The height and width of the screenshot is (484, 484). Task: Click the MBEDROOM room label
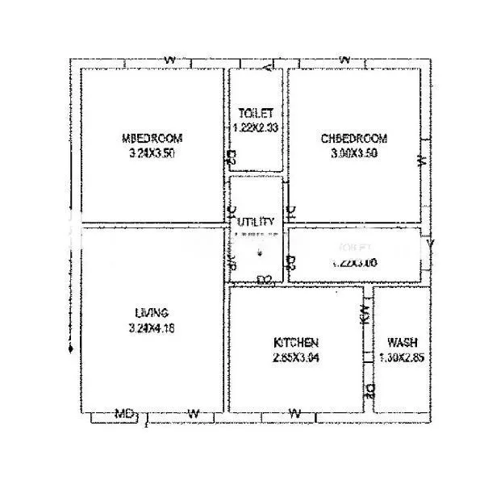(x=152, y=137)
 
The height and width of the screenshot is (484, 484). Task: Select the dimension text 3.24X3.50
(x=152, y=152)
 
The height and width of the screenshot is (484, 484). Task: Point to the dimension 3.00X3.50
(x=354, y=153)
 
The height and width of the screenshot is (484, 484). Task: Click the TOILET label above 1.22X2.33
(x=256, y=113)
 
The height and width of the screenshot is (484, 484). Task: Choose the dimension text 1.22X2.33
(x=256, y=127)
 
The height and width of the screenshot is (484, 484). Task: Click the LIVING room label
(x=152, y=313)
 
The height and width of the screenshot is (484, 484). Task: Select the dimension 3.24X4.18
(x=152, y=328)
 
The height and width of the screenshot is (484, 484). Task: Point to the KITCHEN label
(x=295, y=343)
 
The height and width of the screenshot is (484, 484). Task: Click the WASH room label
(x=402, y=342)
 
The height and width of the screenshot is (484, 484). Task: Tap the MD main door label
(x=123, y=414)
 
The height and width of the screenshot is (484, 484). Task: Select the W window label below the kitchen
(x=295, y=414)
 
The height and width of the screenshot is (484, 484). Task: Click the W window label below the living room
(x=193, y=414)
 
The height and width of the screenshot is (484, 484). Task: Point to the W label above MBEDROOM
(x=169, y=60)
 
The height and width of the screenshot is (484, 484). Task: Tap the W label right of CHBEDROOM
(x=421, y=161)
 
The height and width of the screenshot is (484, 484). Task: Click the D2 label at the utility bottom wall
(x=263, y=280)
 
